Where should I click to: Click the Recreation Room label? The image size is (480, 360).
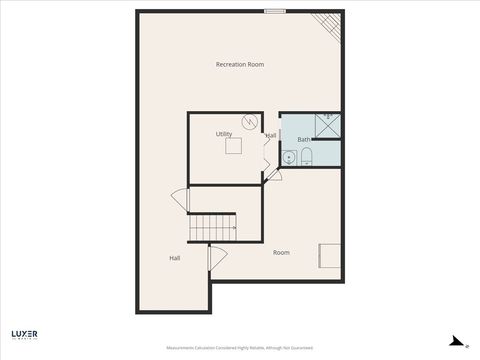240,64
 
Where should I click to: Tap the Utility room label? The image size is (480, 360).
224,133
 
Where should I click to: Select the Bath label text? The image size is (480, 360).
303,139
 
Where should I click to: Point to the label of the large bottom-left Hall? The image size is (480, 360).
175,258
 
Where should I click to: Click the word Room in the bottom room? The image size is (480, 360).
281,252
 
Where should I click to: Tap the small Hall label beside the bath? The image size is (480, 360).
271,135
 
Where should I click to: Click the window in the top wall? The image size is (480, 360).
275,12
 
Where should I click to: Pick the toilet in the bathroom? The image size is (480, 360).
307,155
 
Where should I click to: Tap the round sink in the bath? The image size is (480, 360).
288,157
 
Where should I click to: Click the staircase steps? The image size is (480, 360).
213,227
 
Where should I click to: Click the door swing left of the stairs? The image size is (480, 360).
181,200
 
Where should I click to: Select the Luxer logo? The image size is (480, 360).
25,335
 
